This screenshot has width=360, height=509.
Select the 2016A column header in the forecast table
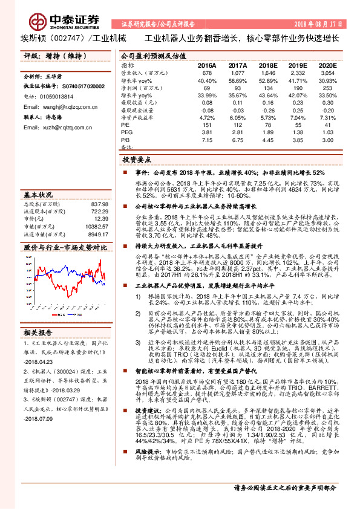[x=206, y=65]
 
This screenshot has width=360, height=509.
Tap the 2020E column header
[x=327, y=65]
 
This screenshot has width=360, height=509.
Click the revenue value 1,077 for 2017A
[x=237, y=73]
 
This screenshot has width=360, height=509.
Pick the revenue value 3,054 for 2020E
[x=327, y=73]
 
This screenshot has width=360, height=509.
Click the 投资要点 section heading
[x=136, y=160]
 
